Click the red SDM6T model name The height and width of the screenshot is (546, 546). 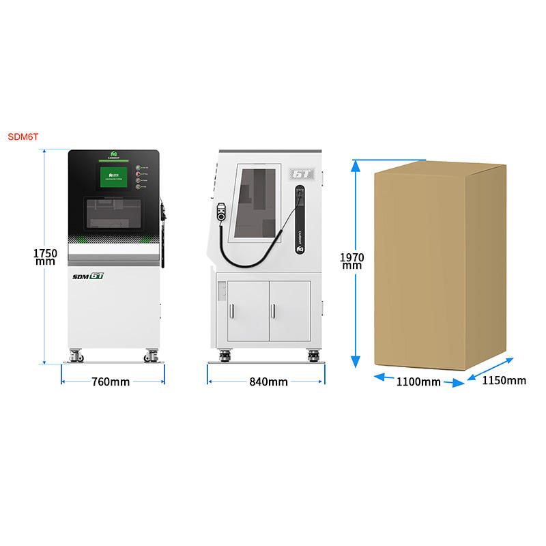23,136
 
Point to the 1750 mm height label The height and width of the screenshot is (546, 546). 45,257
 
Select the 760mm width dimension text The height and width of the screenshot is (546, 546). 111,382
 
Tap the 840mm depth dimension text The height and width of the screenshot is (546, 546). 268,382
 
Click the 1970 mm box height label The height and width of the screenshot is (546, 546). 352,261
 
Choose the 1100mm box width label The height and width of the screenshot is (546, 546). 418,382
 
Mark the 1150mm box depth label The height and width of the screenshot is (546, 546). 504,380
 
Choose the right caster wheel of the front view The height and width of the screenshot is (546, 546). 150,355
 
